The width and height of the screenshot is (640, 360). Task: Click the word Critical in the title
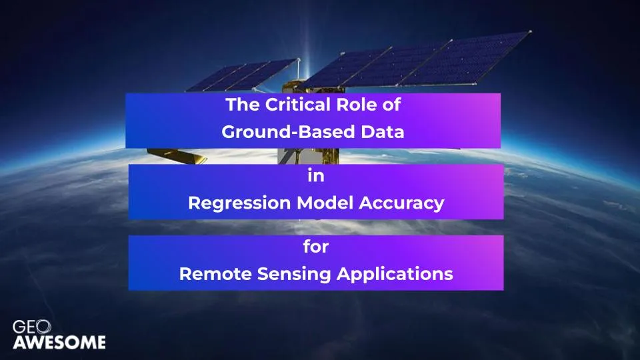pyautogui.click(x=292, y=105)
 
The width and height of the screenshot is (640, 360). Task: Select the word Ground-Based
pyautogui.click(x=288, y=131)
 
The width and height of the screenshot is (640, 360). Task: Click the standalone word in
pyautogui.click(x=316, y=175)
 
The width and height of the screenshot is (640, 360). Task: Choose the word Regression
pyautogui.click(x=240, y=203)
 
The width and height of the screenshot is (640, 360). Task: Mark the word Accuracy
pyautogui.click(x=401, y=203)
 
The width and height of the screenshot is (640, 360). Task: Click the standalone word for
pyautogui.click(x=316, y=247)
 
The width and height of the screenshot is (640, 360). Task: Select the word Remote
pyautogui.click(x=215, y=273)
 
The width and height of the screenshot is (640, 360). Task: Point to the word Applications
pyautogui.click(x=395, y=274)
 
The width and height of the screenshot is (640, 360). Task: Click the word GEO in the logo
pyautogui.click(x=31, y=327)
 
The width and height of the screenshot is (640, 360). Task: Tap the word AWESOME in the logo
pyautogui.click(x=59, y=342)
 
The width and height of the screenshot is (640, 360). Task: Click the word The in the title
pyautogui.click(x=243, y=105)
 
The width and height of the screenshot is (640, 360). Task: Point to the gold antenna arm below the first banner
pyautogui.click(x=177, y=155)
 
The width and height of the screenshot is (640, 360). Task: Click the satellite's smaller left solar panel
pyautogui.click(x=241, y=75)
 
